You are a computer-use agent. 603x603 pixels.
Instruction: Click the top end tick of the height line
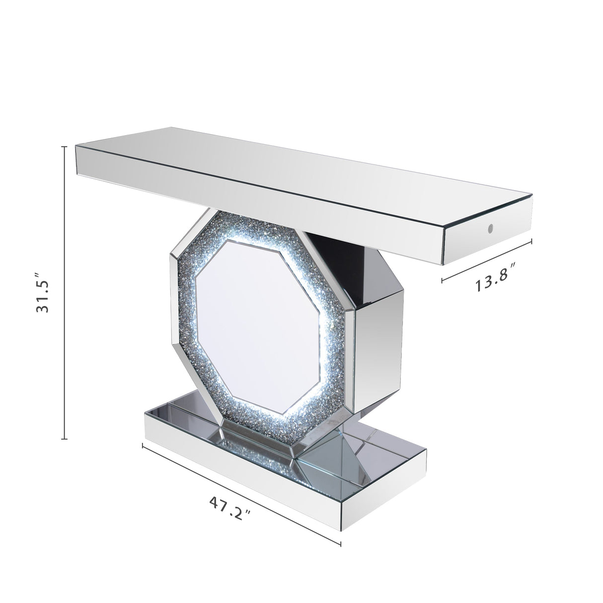64,147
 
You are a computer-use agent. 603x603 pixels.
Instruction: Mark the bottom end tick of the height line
64,439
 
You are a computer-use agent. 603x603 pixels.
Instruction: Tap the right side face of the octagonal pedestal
380,328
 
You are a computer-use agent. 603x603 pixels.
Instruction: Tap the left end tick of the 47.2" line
143,445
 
